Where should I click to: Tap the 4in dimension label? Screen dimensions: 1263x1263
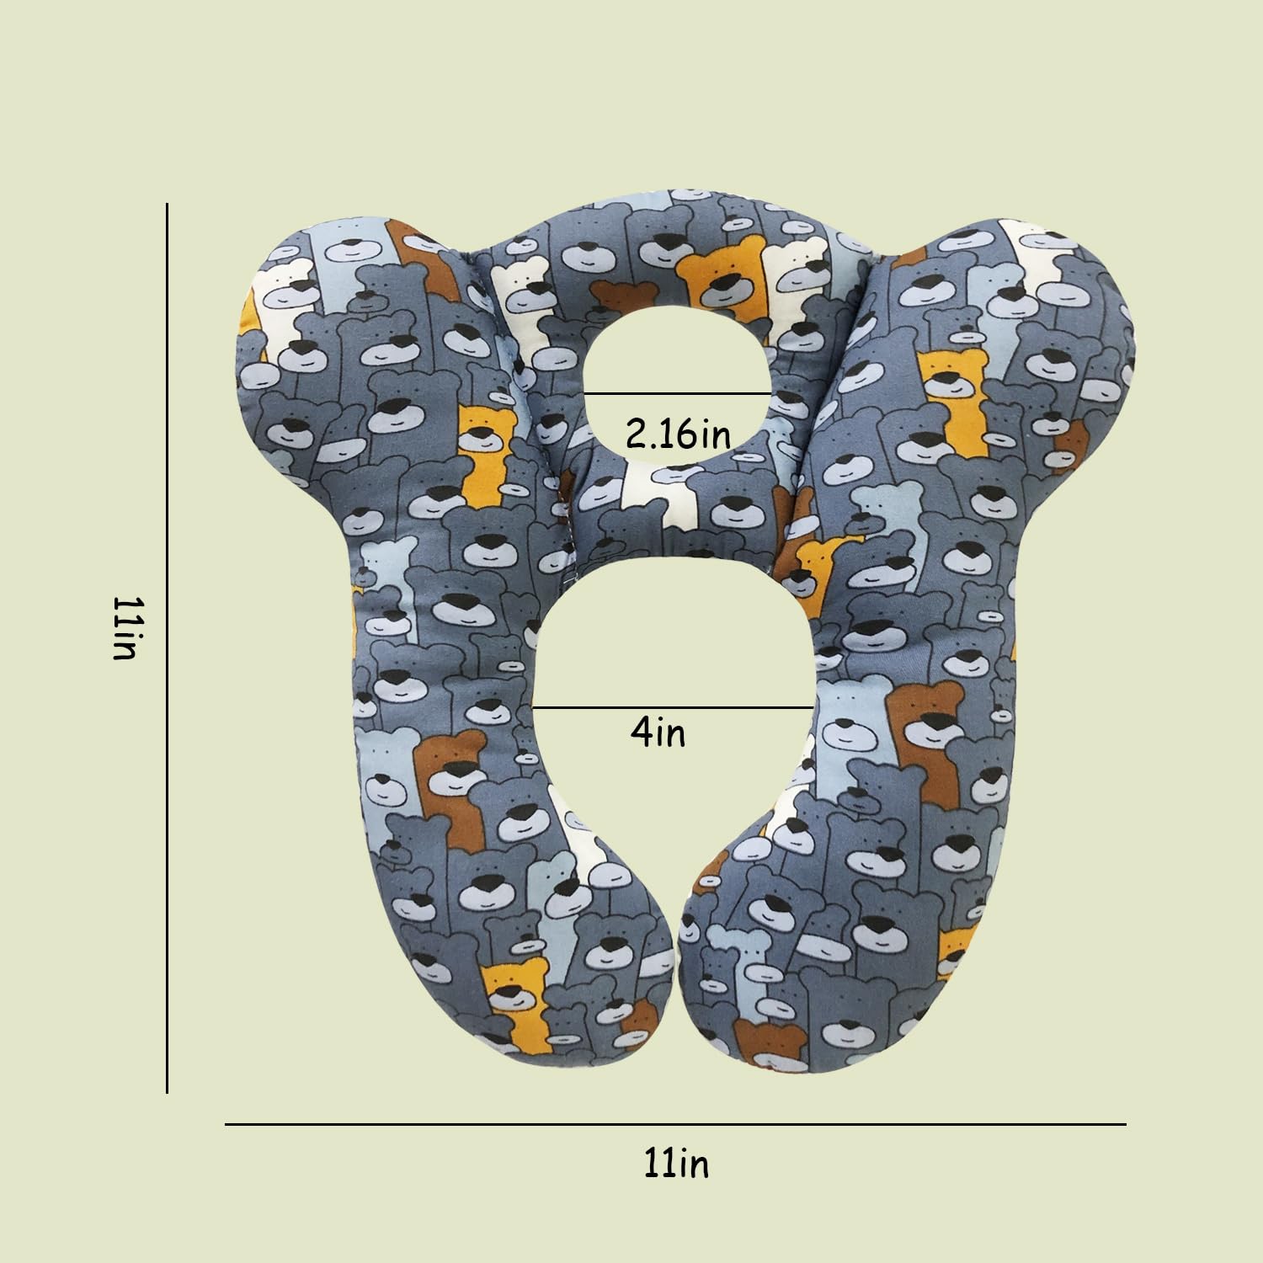click(x=658, y=733)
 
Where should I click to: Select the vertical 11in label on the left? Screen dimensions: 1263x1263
click(x=125, y=628)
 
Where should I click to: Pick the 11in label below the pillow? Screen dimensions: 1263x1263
click(x=676, y=1164)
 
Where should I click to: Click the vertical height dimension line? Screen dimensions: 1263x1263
click(x=168, y=648)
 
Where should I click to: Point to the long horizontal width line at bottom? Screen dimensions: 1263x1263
click(x=675, y=1124)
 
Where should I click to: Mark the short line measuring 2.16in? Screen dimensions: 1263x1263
click(x=678, y=393)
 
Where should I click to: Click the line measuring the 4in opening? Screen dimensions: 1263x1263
click(x=674, y=707)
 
